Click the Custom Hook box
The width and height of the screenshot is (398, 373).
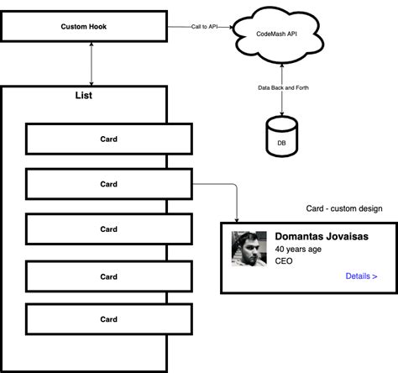click(x=84, y=27)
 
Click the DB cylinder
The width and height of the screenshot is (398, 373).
click(x=280, y=138)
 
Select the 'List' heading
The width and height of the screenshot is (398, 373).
click(x=84, y=96)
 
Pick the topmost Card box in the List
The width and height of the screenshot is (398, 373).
click(x=108, y=139)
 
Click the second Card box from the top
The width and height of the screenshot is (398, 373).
click(x=108, y=184)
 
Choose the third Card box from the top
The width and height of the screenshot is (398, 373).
click(x=108, y=229)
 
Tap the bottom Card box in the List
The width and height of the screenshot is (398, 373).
click(x=108, y=319)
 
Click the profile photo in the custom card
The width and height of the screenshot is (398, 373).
click(x=249, y=250)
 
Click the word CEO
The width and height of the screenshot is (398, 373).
click(x=284, y=262)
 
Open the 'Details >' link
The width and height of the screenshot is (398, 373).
click(x=361, y=276)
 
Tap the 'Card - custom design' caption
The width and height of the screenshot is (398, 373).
click(x=344, y=208)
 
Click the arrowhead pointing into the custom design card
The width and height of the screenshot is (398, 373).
click(x=238, y=218)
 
